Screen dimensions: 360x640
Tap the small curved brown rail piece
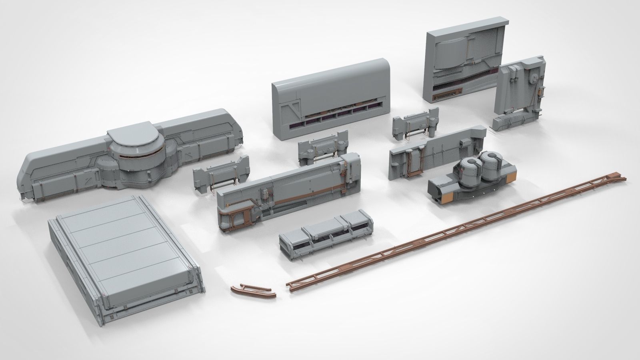click(x=253, y=291)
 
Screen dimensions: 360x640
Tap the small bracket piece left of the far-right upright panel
click(x=416, y=124)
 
